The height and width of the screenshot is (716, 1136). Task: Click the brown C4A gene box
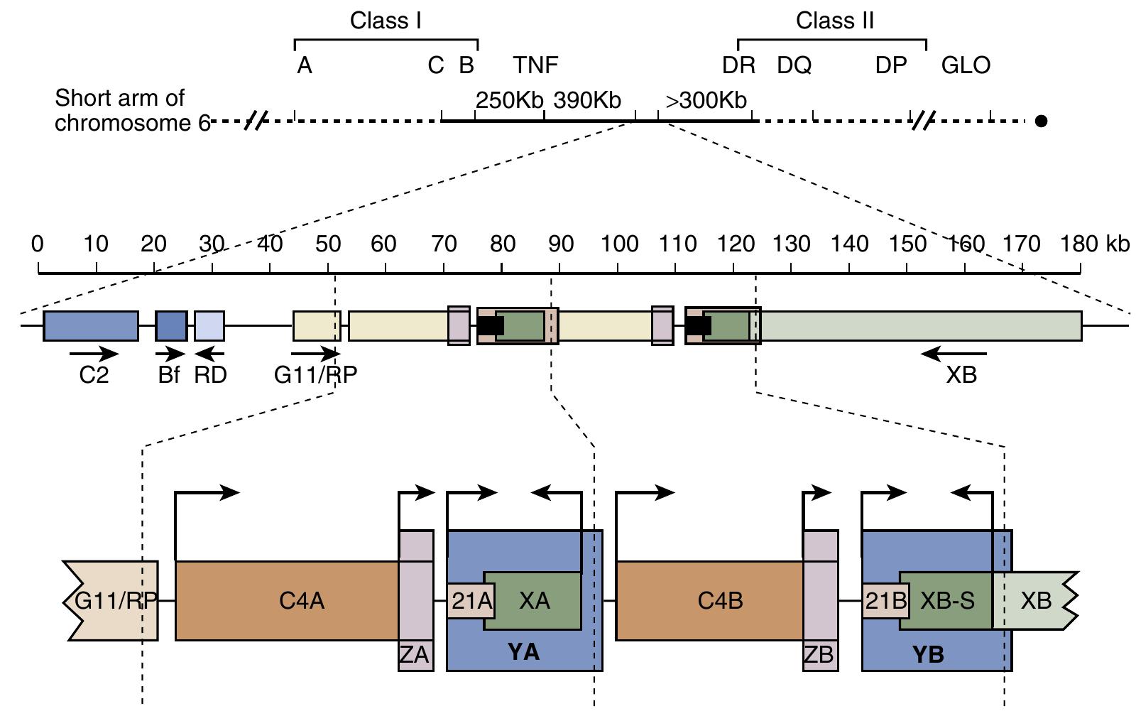(x=287, y=601)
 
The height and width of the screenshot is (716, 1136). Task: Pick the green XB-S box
(x=947, y=601)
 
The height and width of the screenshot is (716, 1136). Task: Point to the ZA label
(x=415, y=654)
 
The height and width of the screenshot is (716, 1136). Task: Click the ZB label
(x=819, y=654)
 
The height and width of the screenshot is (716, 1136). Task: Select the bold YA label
(x=524, y=651)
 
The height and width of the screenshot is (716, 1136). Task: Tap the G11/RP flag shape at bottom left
(x=112, y=601)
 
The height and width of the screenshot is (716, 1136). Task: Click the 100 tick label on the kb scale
(x=619, y=244)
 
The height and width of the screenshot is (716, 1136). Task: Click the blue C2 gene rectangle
(x=91, y=326)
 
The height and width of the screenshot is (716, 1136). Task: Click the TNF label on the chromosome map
(x=536, y=65)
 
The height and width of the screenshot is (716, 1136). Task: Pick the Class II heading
(x=835, y=21)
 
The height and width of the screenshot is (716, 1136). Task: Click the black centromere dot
(x=1041, y=121)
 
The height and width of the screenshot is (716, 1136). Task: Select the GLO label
(x=966, y=65)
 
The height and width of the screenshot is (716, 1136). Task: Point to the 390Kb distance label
(x=587, y=100)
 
